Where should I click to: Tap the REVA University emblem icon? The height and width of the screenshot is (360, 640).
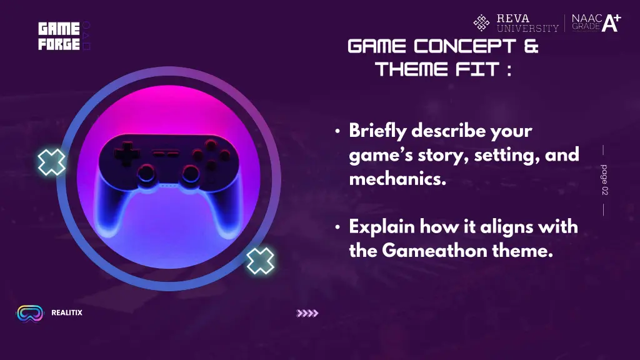(x=481, y=23)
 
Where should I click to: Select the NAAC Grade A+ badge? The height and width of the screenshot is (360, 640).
(x=596, y=23)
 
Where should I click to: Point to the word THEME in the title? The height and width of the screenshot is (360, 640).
(x=411, y=69)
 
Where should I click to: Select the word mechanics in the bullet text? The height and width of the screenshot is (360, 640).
(x=397, y=179)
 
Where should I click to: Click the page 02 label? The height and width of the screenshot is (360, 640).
(x=604, y=180)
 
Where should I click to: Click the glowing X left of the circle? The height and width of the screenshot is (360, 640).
(x=51, y=162)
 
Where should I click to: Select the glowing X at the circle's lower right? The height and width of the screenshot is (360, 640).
(x=259, y=261)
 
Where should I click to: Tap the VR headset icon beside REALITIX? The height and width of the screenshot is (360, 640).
(x=29, y=313)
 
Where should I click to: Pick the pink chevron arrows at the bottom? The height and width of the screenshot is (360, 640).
(x=307, y=313)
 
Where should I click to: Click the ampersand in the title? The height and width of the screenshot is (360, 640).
(x=531, y=46)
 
